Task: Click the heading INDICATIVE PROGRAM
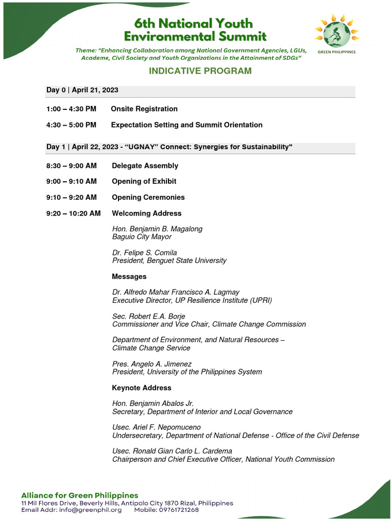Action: click(x=200, y=70)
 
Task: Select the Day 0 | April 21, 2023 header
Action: click(x=82, y=90)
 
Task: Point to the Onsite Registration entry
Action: click(x=144, y=109)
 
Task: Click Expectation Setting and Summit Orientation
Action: click(x=186, y=125)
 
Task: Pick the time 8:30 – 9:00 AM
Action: click(x=71, y=165)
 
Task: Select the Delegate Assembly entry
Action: click(x=145, y=165)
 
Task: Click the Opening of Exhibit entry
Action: click(x=144, y=181)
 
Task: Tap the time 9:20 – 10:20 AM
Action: click(x=73, y=213)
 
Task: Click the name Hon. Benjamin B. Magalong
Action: click(x=157, y=229)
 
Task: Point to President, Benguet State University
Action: click(x=169, y=260)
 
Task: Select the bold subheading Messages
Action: click(x=129, y=276)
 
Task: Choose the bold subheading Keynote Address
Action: click(x=141, y=388)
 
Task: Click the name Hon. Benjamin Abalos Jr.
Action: click(x=153, y=403)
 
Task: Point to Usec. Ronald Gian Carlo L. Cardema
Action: click(x=172, y=451)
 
